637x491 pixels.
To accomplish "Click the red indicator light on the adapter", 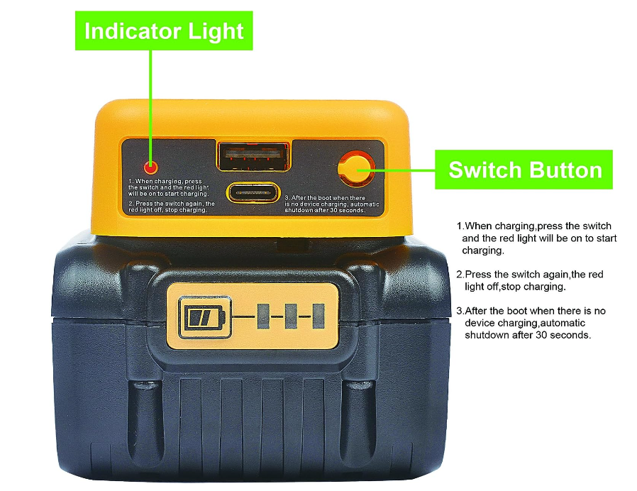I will point(150,167).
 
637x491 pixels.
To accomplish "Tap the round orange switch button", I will point(355,167).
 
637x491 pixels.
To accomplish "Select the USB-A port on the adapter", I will point(253,156).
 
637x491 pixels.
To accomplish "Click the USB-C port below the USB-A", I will point(253,192).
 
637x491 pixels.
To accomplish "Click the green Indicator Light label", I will point(164,31).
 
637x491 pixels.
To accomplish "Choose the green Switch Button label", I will point(525,170).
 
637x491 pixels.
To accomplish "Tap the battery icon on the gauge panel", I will point(204,316).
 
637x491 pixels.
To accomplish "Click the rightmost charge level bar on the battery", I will point(318,316).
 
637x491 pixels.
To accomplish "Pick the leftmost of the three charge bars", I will point(264,316).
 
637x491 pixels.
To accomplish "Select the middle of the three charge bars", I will point(291,316).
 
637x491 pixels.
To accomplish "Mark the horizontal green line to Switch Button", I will point(404,170).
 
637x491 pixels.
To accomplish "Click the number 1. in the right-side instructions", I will point(460,226).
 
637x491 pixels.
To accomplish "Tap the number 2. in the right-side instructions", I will point(460,274).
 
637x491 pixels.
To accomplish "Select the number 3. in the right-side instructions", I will point(460,311).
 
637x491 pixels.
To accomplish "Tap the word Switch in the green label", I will point(484,170).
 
